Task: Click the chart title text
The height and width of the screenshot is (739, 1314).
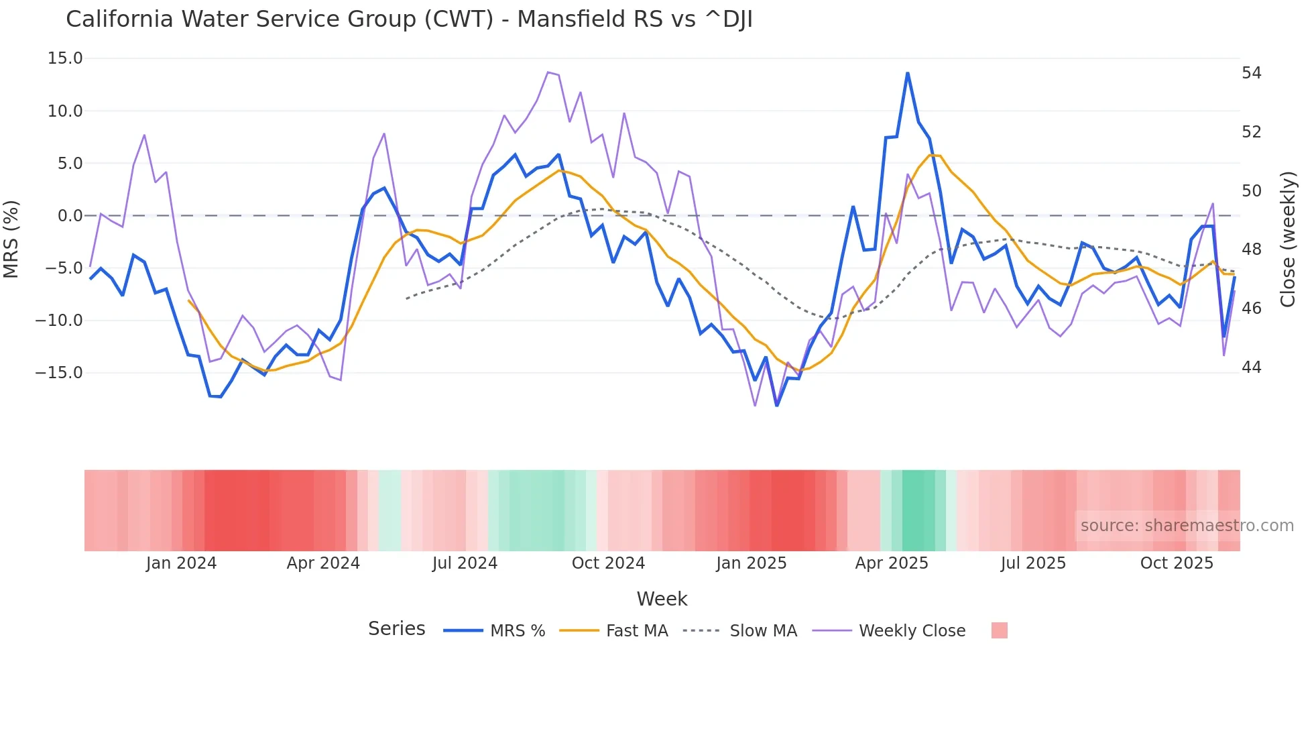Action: (409, 19)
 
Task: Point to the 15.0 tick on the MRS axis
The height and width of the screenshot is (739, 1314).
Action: (65, 58)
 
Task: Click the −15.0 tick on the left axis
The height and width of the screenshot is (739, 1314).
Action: (59, 372)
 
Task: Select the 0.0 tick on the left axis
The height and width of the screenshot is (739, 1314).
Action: (70, 216)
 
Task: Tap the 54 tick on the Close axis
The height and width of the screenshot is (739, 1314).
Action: (1252, 73)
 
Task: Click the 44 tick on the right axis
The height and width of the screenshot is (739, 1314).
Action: (1252, 367)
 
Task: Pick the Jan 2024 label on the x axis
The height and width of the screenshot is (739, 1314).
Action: (181, 563)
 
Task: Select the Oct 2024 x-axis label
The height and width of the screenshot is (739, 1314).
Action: (608, 563)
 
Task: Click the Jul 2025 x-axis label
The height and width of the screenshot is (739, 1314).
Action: (1033, 563)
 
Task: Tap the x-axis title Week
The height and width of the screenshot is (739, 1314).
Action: (662, 599)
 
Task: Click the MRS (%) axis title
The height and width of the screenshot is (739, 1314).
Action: (11, 239)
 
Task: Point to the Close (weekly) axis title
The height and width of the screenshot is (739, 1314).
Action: (1287, 239)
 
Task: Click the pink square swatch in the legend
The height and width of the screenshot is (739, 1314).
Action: (999, 630)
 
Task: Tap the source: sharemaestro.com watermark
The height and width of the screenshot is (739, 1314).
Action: (1187, 526)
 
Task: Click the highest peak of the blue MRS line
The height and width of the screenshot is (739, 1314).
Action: (908, 73)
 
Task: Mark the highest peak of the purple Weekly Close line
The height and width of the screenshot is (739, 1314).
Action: (548, 72)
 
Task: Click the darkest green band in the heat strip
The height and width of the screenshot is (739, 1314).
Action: (918, 510)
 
